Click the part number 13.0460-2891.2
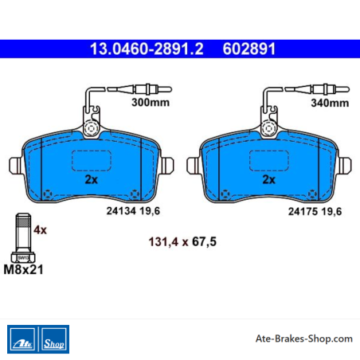click(x=147, y=49)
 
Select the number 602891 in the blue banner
click(x=249, y=49)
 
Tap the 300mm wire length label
click(x=151, y=102)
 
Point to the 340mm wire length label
click(x=330, y=103)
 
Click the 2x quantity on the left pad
click(x=91, y=180)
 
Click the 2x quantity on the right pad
click(x=268, y=180)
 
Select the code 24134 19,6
click(x=133, y=211)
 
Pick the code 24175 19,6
click(x=315, y=212)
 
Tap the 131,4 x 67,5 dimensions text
click(x=182, y=242)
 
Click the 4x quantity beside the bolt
click(x=40, y=230)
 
